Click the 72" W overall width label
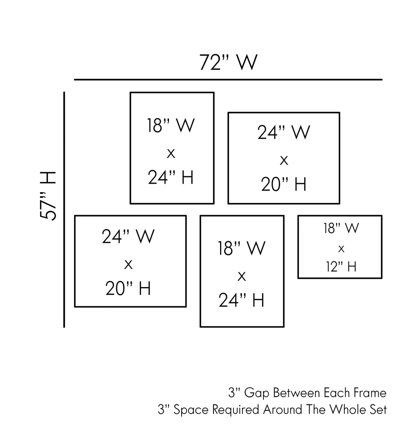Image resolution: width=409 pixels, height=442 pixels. point(228,63)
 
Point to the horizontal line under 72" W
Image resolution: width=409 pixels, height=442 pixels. point(228,79)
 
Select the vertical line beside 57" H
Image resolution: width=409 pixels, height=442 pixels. point(64,209)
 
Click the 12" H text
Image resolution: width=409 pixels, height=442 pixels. point(341,267)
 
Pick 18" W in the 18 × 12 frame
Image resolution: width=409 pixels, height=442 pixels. point(341,229)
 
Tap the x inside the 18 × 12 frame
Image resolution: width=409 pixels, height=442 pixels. point(341,248)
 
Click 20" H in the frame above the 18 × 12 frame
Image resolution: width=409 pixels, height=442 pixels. point(283,185)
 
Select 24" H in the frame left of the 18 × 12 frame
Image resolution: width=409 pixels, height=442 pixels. point(241,301)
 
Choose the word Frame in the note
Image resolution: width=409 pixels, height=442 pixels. point(369,393)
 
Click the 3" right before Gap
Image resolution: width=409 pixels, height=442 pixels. point(234,393)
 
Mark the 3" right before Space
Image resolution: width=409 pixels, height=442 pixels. point(164,409)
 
